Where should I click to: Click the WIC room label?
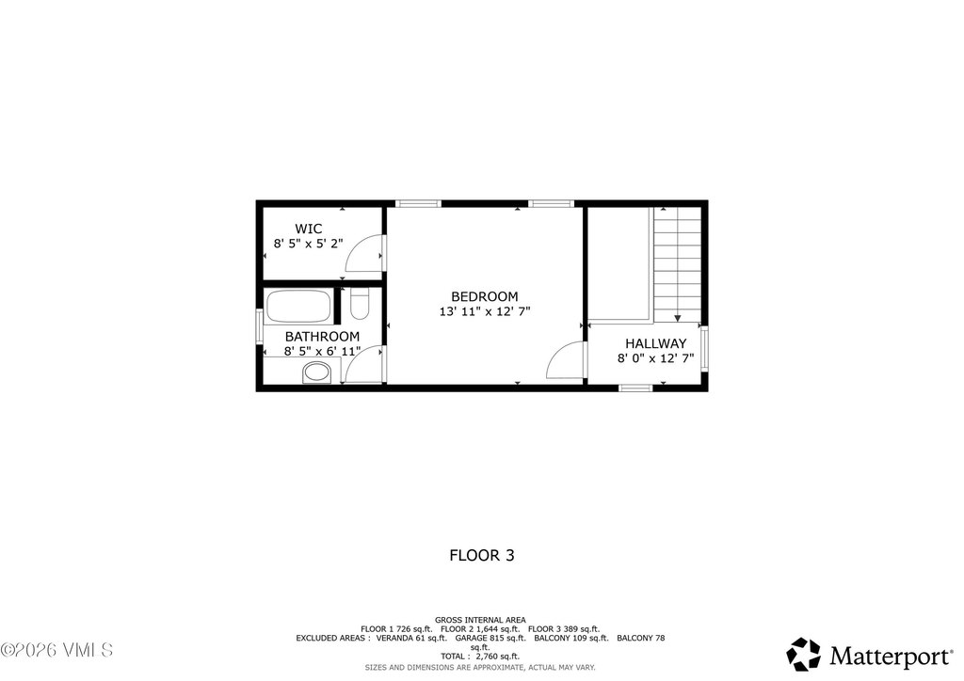pyautogui.click(x=308, y=229)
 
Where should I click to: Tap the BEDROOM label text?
pyautogui.click(x=484, y=296)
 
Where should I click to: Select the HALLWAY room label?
pyautogui.click(x=655, y=343)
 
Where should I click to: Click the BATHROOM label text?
pyautogui.click(x=322, y=337)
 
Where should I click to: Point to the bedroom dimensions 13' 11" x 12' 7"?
pyautogui.click(x=484, y=311)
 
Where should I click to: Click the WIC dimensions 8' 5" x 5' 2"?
pyautogui.click(x=308, y=244)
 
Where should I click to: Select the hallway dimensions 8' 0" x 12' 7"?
pyautogui.click(x=655, y=358)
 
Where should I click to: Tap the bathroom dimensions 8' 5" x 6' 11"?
pyautogui.click(x=323, y=352)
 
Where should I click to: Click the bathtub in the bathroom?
pyautogui.click(x=298, y=307)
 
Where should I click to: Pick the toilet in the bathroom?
pyautogui.click(x=360, y=304)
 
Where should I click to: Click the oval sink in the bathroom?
pyautogui.click(x=316, y=373)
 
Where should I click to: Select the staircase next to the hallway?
pyautogui.click(x=678, y=263)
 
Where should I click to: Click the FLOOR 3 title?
pyautogui.click(x=481, y=556)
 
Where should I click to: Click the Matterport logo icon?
pyautogui.click(x=803, y=654)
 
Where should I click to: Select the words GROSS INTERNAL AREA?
pyautogui.click(x=480, y=620)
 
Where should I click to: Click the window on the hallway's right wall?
pyautogui.click(x=703, y=348)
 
